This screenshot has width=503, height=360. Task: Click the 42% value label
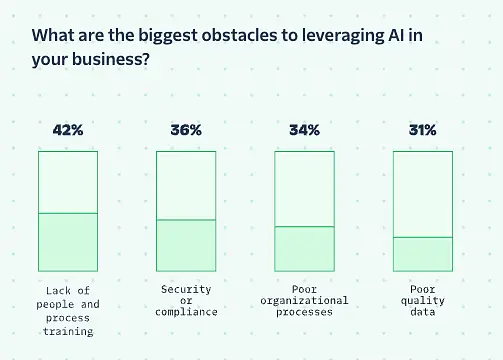pyautogui.click(x=68, y=130)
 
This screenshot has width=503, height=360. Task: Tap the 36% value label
pyautogui.click(x=186, y=130)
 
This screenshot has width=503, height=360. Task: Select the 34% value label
pyautogui.click(x=304, y=130)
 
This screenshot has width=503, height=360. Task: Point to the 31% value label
pyautogui.click(x=423, y=130)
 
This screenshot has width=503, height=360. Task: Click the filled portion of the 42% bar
pyautogui.click(x=68, y=242)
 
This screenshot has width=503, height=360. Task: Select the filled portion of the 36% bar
pyautogui.click(x=186, y=246)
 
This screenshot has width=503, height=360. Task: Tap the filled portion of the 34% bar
pyautogui.click(x=304, y=249)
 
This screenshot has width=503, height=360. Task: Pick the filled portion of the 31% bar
pyautogui.click(x=423, y=254)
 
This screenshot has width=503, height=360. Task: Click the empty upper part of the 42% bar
pyautogui.click(x=68, y=182)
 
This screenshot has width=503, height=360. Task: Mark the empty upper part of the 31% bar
pyautogui.click(x=423, y=194)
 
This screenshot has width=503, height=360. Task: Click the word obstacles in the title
pyautogui.click(x=239, y=35)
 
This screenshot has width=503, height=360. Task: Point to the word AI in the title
pyautogui.click(x=396, y=35)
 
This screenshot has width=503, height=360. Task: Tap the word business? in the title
pyautogui.click(x=111, y=59)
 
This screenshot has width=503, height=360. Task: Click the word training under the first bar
pyautogui.click(x=68, y=331)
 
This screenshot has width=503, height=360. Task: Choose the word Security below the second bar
pyautogui.click(x=186, y=289)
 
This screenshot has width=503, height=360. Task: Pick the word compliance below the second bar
pyautogui.click(x=186, y=312)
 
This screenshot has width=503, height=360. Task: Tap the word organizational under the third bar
pyautogui.click(x=304, y=301)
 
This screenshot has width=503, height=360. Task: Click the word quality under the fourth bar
pyautogui.click(x=423, y=301)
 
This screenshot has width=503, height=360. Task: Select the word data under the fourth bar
pyautogui.click(x=423, y=312)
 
